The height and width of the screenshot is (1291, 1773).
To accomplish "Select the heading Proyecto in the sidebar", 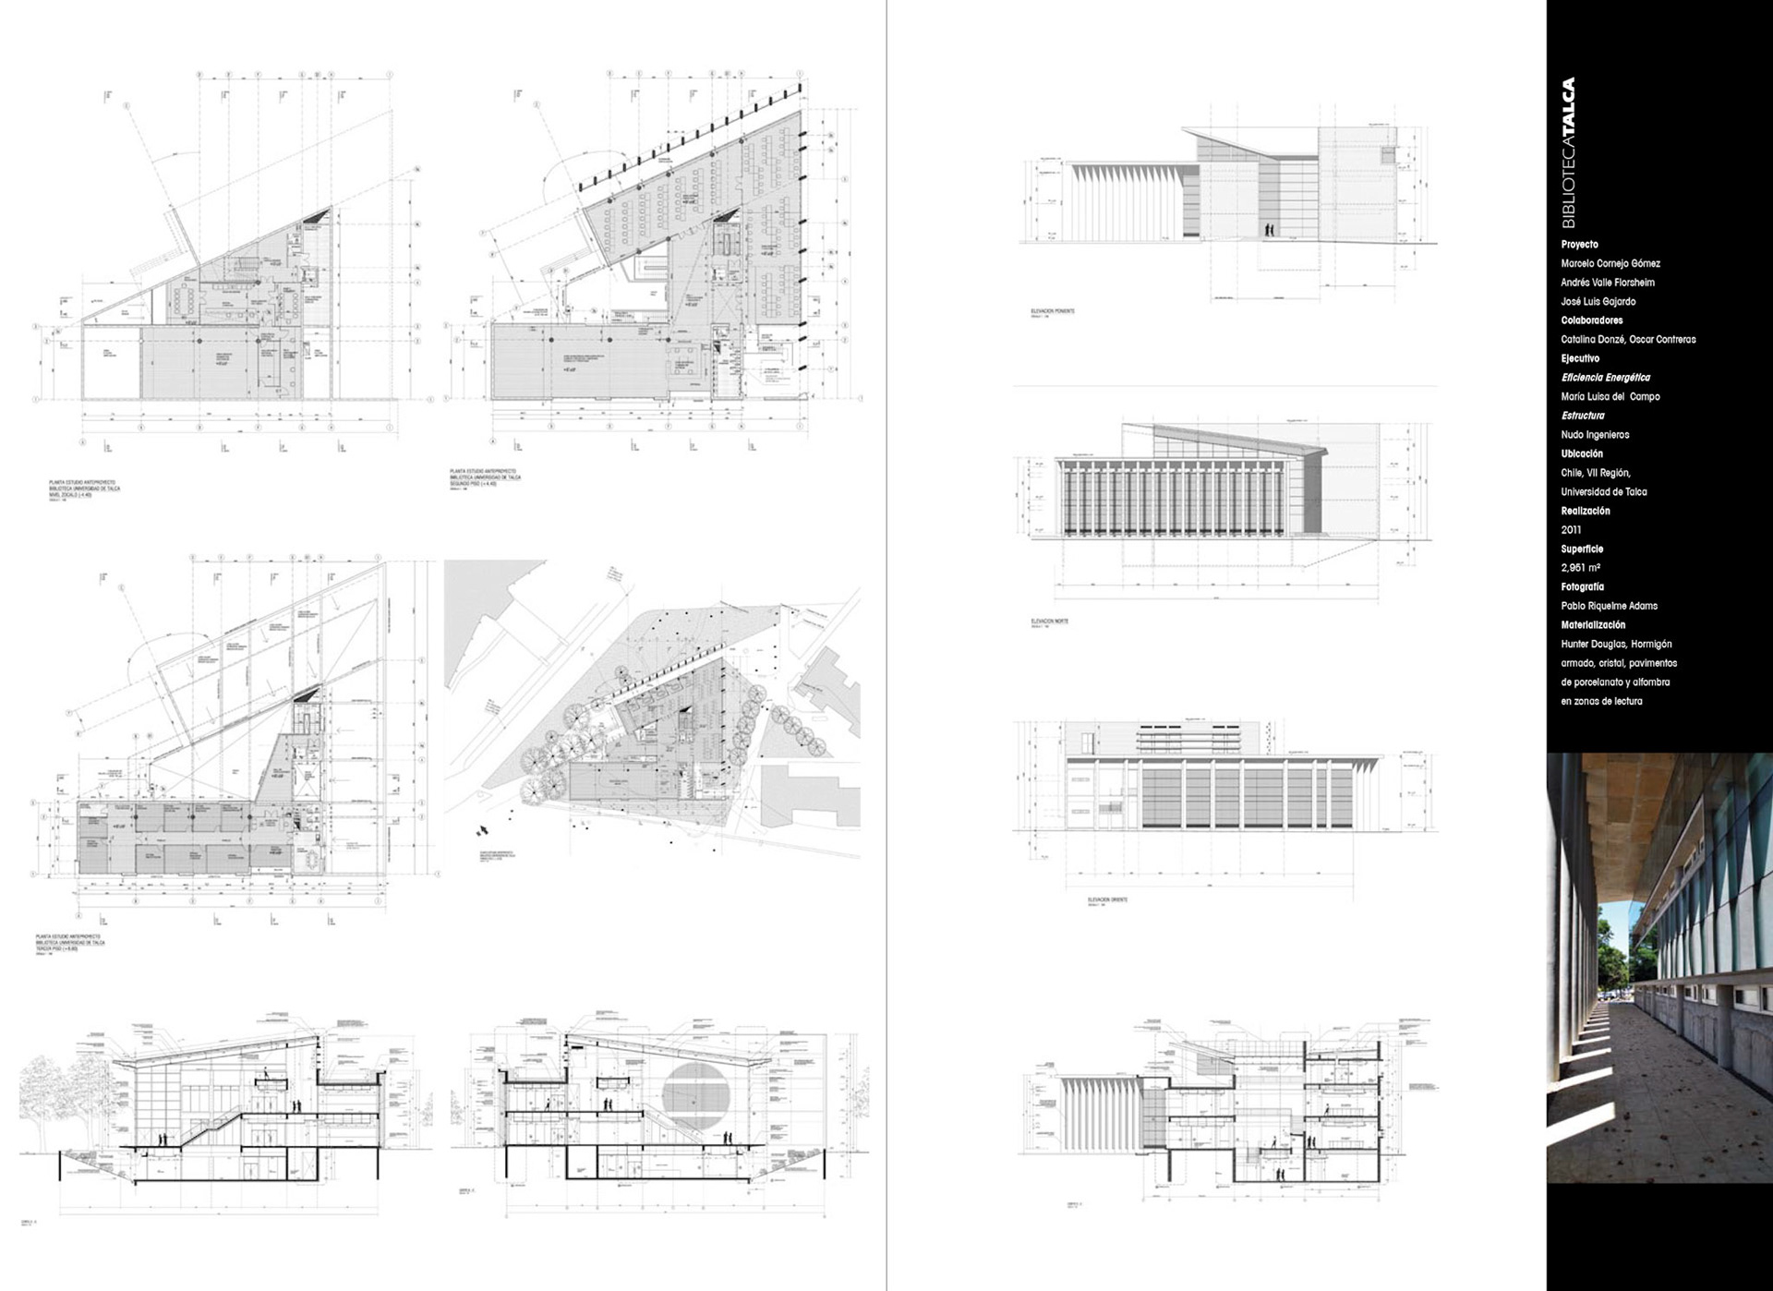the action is point(1579,245).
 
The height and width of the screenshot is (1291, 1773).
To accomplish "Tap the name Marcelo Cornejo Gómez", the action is point(1610,264).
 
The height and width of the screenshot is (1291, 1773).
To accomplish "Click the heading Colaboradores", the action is point(1591,320).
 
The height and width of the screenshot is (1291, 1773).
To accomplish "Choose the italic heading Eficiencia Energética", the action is point(1605,378).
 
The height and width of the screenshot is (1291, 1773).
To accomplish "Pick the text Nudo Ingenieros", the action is point(1595,435).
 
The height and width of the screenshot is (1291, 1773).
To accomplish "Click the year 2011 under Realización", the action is point(1571,530).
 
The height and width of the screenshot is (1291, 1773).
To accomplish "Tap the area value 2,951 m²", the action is point(1580,568).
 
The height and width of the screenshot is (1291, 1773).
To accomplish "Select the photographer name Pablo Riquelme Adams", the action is point(1609,606).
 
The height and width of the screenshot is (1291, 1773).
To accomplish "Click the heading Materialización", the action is point(1593,625).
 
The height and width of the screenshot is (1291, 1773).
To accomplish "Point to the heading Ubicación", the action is point(1582,453).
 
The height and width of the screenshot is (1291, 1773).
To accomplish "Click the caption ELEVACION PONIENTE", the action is point(1052,311).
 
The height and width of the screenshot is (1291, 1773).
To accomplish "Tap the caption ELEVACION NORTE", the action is point(1049,621).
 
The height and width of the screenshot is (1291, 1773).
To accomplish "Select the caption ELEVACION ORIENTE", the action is point(1107,899).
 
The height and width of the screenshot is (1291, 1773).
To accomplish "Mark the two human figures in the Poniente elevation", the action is point(1269,229).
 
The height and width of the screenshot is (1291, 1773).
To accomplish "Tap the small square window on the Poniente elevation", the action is point(1387,155).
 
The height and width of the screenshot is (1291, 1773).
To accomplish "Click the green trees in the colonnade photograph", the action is point(1618,951).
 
